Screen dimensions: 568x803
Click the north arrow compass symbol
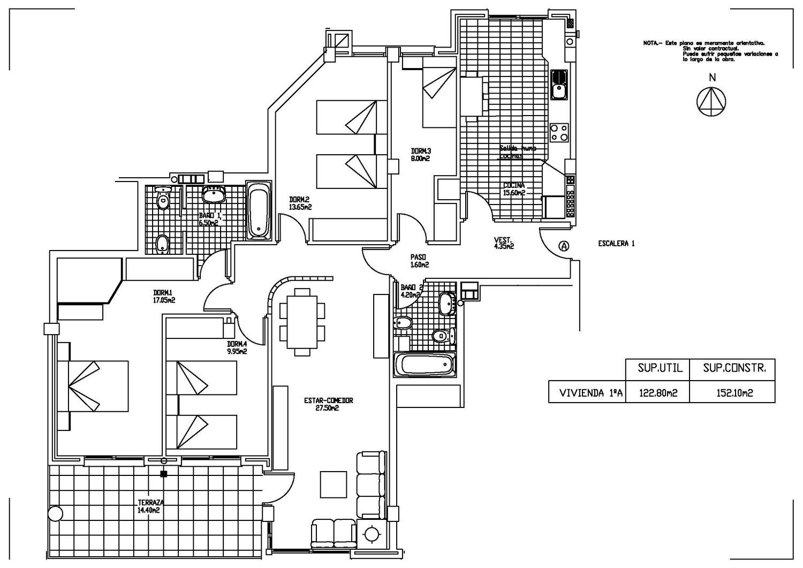(x=711, y=101)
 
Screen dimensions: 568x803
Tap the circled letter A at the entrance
(x=563, y=246)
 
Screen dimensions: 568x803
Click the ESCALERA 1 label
(x=616, y=244)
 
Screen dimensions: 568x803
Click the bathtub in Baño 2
(x=426, y=365)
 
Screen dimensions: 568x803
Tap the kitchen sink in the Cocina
(x=559, y=85)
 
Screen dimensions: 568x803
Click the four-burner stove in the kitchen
(x=559, y=132)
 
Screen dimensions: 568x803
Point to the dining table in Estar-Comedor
(x=302, y=322)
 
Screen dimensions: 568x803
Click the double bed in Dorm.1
(x=93, y=385)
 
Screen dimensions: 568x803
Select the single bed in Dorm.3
(x=440, y=93)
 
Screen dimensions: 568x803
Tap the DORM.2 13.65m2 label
(x=300, y=202)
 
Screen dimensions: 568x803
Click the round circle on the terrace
(x=55, y=513)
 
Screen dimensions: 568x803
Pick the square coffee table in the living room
(x=334, y=484)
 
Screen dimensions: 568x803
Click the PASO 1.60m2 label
(x=419, y=261)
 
